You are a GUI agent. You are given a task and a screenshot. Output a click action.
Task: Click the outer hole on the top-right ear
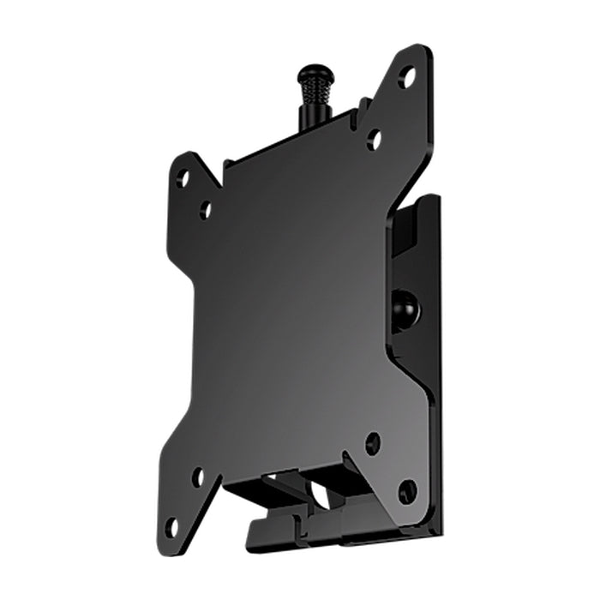click(x=407, y=77)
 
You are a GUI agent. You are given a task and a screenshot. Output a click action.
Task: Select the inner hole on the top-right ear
click(x=374, y=138)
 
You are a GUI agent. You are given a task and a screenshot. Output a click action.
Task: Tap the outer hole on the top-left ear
click(x=183, y=178)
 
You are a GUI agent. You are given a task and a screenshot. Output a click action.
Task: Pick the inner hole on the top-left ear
click(x=206, y=207)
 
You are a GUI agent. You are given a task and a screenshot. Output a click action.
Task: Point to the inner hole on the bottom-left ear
click(x=198, y=477)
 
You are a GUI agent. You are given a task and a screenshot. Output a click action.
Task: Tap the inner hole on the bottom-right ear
click(x=373, y=443)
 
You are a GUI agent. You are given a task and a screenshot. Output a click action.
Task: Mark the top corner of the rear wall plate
click(x=433, y=199)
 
